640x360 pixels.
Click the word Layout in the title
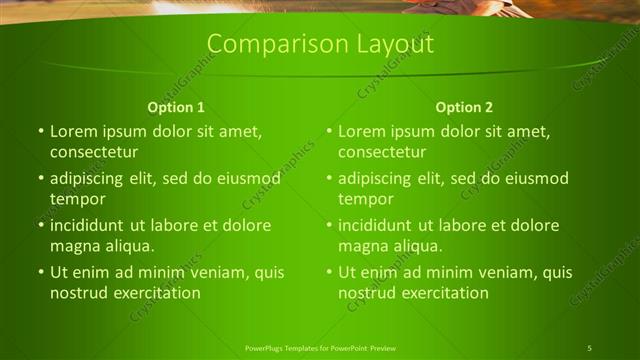(390, 45)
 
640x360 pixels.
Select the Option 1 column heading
(176, 107)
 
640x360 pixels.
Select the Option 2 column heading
(464, 107)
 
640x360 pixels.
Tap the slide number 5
(590, 347)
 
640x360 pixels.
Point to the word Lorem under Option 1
(73, 131)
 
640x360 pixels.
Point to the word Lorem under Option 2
(361, 131)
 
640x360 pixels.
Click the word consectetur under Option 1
(94, 152)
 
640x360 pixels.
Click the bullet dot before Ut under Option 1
(41, 272)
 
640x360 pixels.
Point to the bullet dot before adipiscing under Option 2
(329, 179)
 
